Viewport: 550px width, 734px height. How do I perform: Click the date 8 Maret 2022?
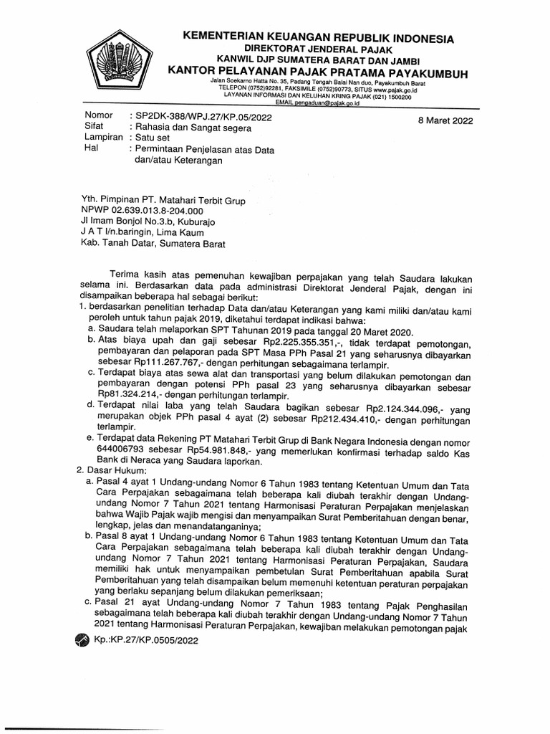pyautogui.click(x=445, y=121)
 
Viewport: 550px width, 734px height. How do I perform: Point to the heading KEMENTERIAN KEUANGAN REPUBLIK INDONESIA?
pyautogui.click(x=318, y=38)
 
